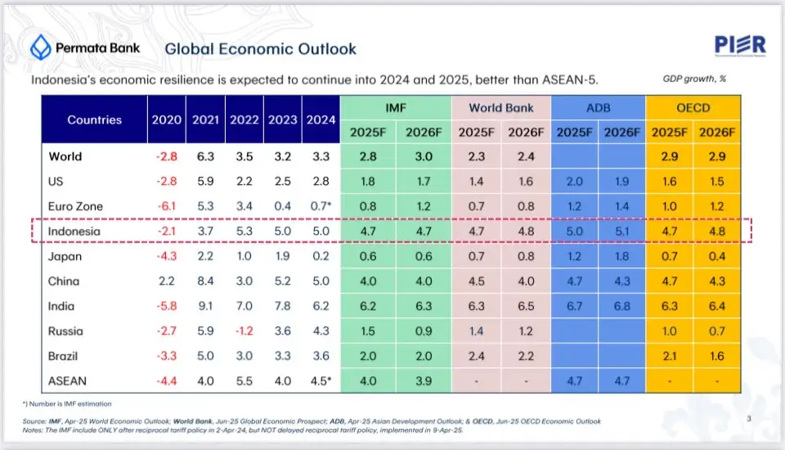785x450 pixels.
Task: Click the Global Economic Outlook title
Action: [261, 48]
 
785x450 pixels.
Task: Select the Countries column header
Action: [94, 119]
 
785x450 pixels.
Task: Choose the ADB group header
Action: [599, 108]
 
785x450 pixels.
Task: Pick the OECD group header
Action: [693, 108]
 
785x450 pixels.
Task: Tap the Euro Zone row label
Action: [76, 206]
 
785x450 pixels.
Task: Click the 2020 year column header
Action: [167, 119]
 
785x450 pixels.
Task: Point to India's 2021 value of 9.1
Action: [204, 306]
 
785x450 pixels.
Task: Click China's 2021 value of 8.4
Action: [204, 281]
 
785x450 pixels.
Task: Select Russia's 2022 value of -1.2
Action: [244, 331]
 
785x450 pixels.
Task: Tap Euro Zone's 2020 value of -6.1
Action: [166, 206]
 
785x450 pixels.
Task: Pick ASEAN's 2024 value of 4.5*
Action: [320, 380]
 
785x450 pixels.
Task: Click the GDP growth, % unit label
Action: [696, 79]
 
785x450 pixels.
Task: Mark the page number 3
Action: [749, 419]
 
